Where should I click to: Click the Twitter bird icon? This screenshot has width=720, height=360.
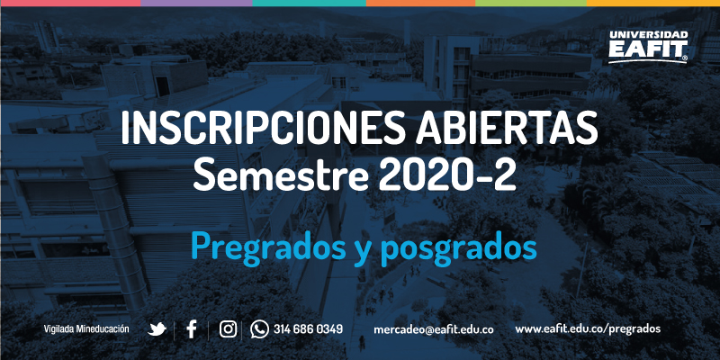[157, 329]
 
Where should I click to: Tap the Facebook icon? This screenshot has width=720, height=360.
[192, 329]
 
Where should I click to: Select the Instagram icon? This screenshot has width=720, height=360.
[228, 329]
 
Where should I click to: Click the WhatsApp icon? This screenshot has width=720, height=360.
[259, 329]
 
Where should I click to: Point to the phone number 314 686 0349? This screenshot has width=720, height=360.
[308, 329]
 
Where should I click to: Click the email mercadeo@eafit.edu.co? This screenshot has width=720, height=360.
[434, 329]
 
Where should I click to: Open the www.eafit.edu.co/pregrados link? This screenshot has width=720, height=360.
[588, 329]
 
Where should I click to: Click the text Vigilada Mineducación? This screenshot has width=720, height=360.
[86, 329]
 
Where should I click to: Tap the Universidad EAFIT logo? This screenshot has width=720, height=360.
[648, 47]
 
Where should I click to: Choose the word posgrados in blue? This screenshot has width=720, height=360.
[458, 248]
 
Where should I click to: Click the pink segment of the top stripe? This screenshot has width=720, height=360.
[70, 3]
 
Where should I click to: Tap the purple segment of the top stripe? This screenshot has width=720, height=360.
[196, 3]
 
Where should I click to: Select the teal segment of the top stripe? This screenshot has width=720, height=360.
[310, 3]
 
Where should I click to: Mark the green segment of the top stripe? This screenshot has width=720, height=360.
[531, 3]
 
